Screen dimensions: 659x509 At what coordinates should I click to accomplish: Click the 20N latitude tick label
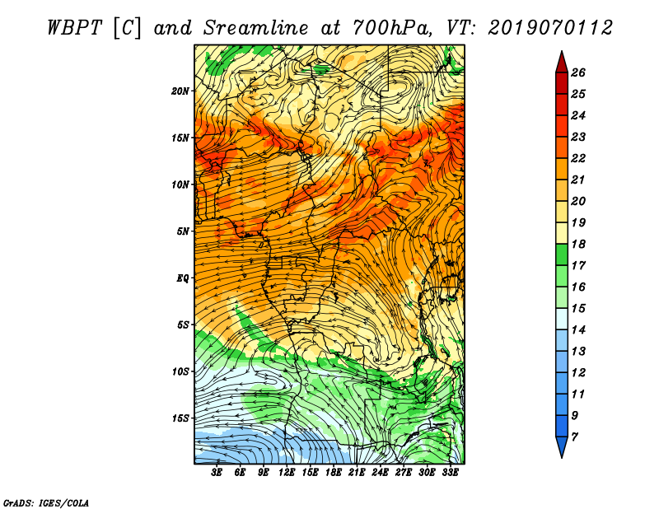tap(180, 91)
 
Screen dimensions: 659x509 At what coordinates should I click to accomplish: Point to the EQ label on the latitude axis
tap(182, 278)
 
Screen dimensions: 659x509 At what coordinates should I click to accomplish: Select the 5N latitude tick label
tap(182, 231)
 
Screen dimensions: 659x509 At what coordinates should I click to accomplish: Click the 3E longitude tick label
tap(217, 473)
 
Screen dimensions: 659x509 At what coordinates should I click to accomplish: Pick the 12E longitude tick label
tap(287, 473)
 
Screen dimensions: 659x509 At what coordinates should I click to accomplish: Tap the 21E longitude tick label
tap(357, 473)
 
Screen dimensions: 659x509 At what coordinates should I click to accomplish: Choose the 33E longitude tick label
tap(450, 473)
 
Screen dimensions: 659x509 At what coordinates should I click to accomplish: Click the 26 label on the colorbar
tap(578, 72)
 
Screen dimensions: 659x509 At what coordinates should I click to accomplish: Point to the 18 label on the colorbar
tap(578, 244)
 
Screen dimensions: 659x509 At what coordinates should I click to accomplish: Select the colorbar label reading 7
tap(574, 437)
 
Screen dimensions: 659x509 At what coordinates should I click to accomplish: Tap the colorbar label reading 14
tap(578, 330)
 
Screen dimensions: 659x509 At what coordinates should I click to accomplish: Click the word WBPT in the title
tap(74, 28)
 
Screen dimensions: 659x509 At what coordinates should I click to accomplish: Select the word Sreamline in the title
tap(255, 28)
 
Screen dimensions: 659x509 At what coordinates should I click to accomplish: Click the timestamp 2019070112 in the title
tap(550, 28)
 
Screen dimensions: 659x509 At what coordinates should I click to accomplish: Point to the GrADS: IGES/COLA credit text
tap(46, 503)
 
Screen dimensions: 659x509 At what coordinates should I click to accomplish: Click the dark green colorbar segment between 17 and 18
tap(562, 254)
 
